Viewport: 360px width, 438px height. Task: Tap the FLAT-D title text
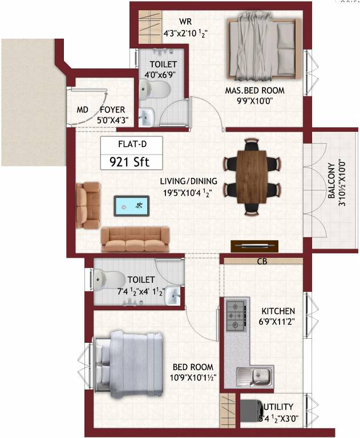(130, 144)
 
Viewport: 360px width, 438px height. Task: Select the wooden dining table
(251, 175)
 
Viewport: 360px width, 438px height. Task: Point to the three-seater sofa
(136, 238)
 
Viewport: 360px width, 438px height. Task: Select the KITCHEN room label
(278, 311)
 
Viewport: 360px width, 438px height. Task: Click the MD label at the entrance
(82, 109)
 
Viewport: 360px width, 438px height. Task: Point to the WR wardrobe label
(185, 21)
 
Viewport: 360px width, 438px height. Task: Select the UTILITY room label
(278, 407)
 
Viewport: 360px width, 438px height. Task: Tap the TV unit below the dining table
(251, 246)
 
